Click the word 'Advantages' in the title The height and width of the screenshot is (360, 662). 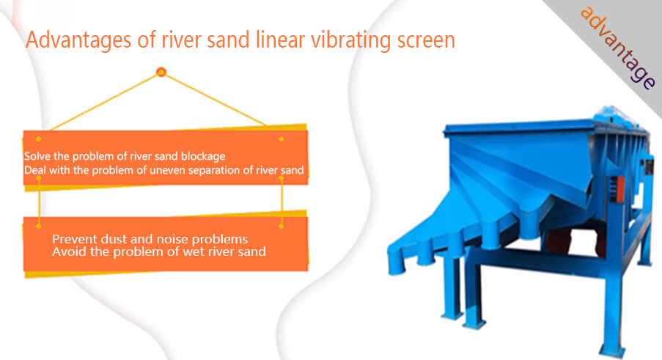point(78,41)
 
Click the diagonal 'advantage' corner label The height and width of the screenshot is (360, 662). point(618,47)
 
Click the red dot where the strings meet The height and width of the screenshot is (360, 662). point(161,72)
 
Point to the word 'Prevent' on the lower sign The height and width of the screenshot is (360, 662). point(70,239)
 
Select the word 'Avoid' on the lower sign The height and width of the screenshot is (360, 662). point(65,252)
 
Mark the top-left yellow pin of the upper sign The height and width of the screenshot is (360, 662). point(38,139)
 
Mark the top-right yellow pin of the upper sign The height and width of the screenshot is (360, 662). point(282,139)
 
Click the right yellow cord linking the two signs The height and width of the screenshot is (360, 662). point(282,202)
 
